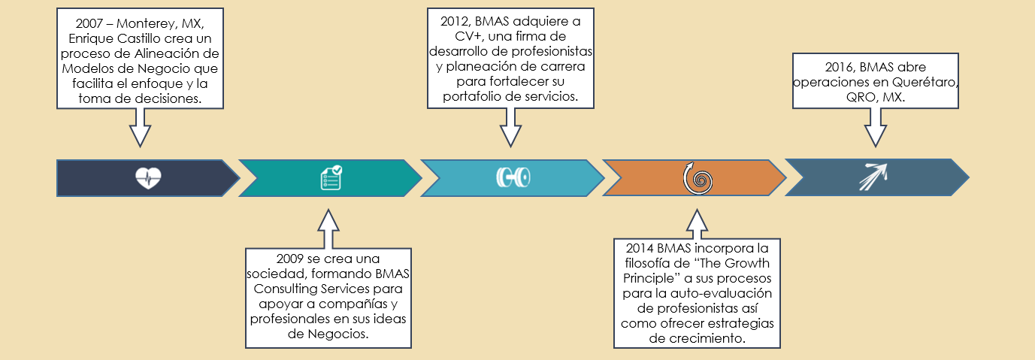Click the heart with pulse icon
(x=148, y=178)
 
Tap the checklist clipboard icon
(x=331, y=177)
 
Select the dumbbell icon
(x=513, y=177)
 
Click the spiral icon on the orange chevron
(x=698, y=178)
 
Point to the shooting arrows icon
(x=873, y=177)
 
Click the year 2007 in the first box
(x=89, y=23)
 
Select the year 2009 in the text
(x=290, y=259)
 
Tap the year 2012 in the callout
(x=454, y=21)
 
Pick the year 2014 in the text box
(x=640, y=248)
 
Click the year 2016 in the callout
(x=839, y=67)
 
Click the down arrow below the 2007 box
(x=140, y=128)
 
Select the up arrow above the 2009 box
(x=328, y=228)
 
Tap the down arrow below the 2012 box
(x=510, y=128)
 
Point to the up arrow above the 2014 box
(x=697, y=224)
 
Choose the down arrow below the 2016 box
(x=875, y=128)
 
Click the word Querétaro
(x=925, y=82)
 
